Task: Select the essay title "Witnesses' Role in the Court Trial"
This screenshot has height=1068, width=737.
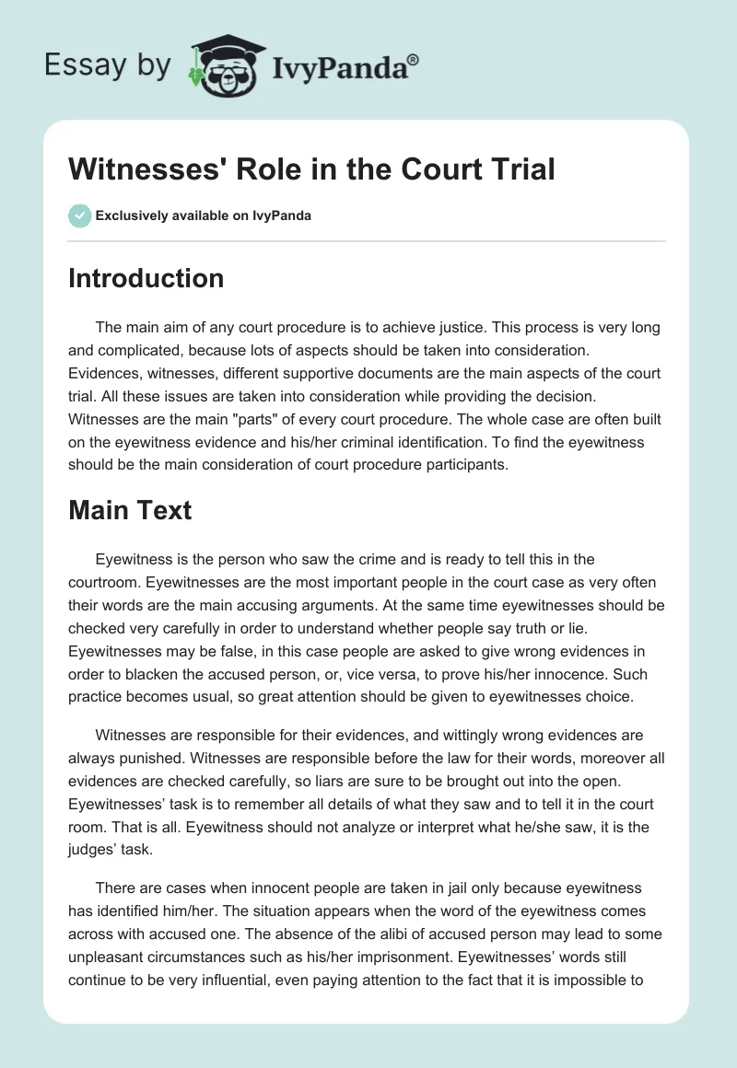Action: point(311,168)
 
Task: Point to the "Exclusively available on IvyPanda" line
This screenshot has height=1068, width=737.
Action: point(204,215)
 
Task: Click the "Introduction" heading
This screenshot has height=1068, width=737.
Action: point(146,278)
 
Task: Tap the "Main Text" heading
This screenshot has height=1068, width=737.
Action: point(130,510)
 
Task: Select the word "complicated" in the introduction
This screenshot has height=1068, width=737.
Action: point(147,350)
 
